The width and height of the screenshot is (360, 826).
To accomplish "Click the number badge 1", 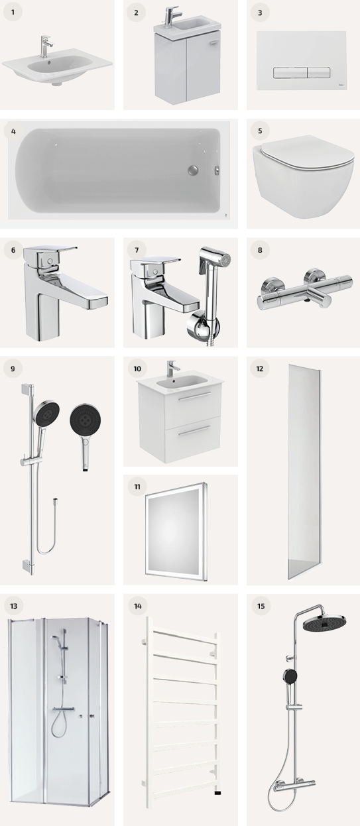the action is (x=13, y=12).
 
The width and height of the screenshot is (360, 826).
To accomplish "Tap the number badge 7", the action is (x=137, y=250).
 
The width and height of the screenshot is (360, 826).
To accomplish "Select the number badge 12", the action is (x=260, y=369).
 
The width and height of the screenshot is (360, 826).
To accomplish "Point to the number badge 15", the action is (x=261, y=606).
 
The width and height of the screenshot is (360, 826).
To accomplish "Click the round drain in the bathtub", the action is (x=193, y=170).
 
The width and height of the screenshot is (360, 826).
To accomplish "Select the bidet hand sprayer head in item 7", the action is (x=215, y=261).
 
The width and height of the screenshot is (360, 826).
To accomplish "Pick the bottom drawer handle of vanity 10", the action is (x=195, y=430).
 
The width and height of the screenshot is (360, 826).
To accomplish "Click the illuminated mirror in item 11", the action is (x=176, y=530).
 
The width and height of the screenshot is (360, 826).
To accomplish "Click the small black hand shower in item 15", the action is (x=290, y=676).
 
